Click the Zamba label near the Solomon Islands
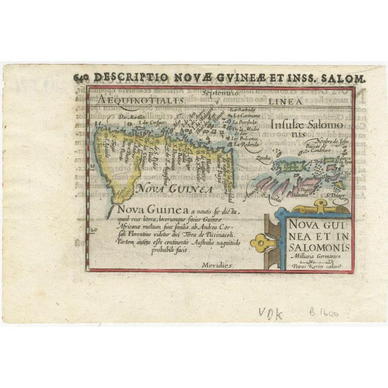point(264,157)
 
